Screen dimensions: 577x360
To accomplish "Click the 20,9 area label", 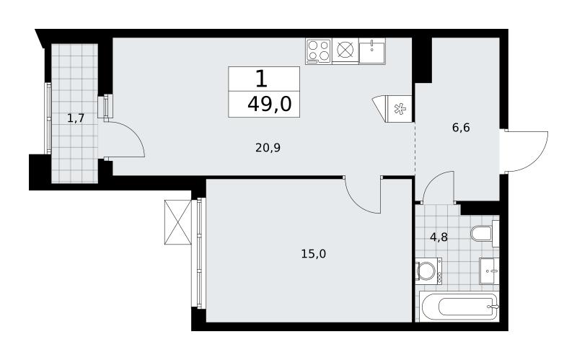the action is click(268, 148).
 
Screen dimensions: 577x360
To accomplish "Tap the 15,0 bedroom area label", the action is click(314, 254).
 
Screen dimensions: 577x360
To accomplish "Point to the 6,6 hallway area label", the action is click(461, 128).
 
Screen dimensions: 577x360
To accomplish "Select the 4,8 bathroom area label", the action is click(439, 237).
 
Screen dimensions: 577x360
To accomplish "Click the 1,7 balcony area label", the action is click(76, 118).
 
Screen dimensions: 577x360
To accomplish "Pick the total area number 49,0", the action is click(270, 104).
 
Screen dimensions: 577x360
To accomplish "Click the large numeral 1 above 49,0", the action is click(261, 79).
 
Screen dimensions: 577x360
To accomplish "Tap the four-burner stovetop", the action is click(318, 51).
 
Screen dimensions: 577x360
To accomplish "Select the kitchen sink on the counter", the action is click(372, 51).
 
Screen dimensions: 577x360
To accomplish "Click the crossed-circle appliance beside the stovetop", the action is click(345, 51).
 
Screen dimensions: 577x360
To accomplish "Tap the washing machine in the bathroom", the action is click(428, 272).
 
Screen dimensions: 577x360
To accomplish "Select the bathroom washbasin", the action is click(490, 271).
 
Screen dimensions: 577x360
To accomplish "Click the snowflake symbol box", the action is click(399, 109).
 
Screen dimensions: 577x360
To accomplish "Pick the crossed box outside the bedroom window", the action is click(178, 222).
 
